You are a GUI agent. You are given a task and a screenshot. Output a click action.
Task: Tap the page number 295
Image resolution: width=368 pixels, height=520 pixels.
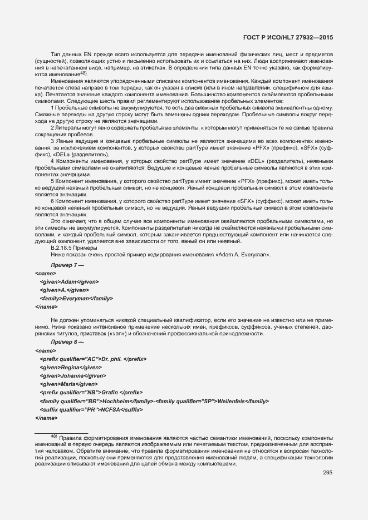[x=327, y=473]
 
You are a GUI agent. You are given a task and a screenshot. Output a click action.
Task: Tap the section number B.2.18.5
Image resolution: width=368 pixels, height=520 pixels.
[x=63, y=248]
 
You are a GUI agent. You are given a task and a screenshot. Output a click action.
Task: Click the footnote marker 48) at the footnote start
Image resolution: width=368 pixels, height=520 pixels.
[x=54, y=437]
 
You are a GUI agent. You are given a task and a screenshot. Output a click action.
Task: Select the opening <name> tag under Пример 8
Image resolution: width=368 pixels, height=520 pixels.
[x=45, y=351]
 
